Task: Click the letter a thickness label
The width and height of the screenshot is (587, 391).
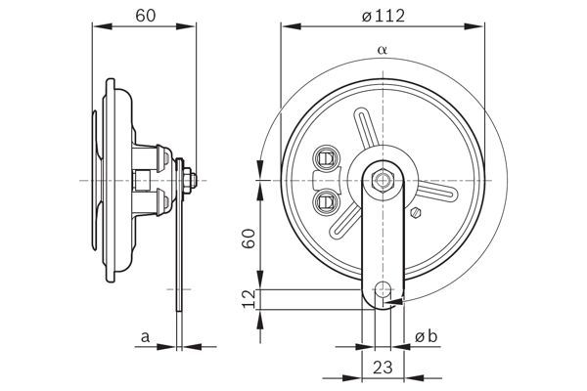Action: pyautogui.click(x=145, y=337)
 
